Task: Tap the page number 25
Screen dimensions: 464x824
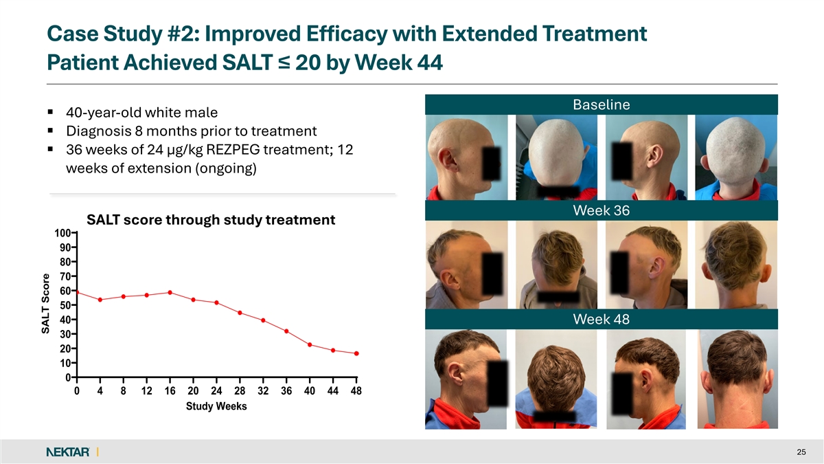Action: (x=801, y=452)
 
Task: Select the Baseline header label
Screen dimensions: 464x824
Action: (x=601, y=104)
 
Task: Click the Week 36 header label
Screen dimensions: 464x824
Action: (x=601, y=210)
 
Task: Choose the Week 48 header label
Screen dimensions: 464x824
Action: (x=601, y=320)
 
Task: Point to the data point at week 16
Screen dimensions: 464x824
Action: (x=170, y=293)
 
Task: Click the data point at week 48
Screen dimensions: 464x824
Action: (x=356, y=353)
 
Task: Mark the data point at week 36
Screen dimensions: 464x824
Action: (x=286, y=331)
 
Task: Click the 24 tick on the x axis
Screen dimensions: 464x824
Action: (x=216, y=391)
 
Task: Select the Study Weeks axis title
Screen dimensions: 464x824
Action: (x=216, y=406)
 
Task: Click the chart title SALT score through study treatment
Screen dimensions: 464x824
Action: (x=211, y=220)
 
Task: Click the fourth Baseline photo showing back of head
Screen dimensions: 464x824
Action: (x=736, y=157)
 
